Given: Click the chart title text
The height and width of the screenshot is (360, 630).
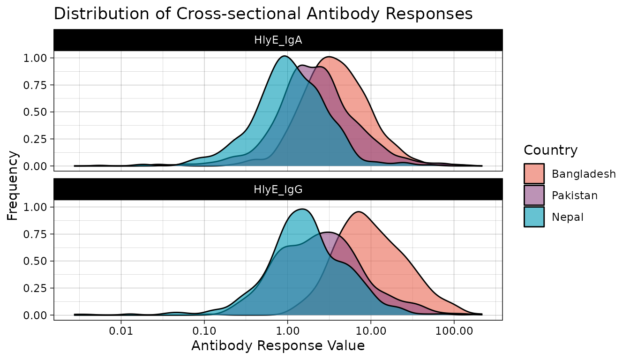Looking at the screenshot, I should [263, 14].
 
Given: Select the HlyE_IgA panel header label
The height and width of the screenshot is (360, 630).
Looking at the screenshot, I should [278, 40].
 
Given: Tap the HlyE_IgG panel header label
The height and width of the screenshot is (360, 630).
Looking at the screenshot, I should [278, 189].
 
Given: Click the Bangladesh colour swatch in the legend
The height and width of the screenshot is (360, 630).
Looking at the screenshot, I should [534, 174].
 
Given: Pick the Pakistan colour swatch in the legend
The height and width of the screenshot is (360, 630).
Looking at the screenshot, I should [534, 195].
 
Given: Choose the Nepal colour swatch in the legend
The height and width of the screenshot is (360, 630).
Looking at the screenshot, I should [534, 217].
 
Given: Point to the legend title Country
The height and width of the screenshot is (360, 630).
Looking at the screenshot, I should [550, 150].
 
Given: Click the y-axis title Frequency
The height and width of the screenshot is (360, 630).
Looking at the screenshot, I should [13, 185].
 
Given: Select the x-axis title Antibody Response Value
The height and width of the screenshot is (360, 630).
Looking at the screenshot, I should [278, 346].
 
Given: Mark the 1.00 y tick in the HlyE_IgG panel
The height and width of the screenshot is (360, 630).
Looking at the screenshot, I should [37, 207].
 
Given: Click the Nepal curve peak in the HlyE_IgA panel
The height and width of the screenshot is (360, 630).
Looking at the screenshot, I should [284, 57].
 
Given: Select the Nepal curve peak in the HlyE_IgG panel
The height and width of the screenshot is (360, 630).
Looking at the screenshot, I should [303, 210].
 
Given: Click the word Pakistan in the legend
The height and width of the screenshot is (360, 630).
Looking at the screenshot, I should [575, 195].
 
